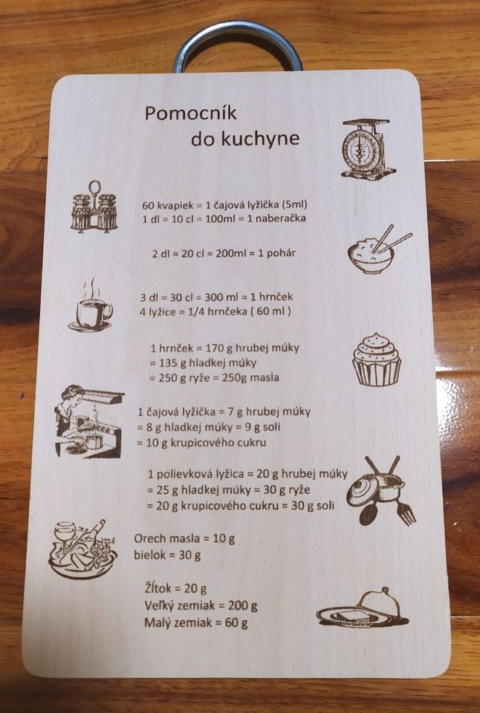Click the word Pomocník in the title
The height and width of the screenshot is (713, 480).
click(x=191, y=113)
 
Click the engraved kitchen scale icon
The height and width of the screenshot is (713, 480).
click(x=368, y=149)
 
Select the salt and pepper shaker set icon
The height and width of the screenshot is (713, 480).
click(x=94, y=207)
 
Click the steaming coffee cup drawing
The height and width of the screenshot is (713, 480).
click(x=91, y=306)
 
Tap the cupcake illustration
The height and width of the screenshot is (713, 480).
click(x=377, y=360)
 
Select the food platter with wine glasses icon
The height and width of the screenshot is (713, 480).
click(x=82, y=550)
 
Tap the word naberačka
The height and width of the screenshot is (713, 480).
click(x=280, y=218)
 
